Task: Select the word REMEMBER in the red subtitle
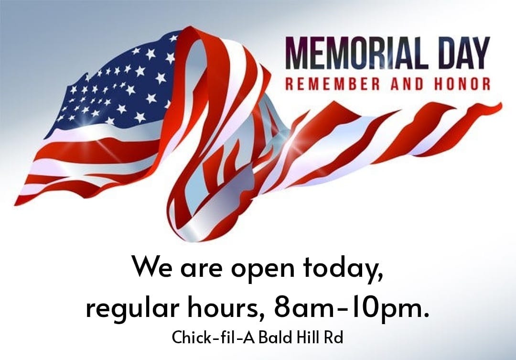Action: (x=333, y=84)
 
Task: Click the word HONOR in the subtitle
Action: (x=462, y=84)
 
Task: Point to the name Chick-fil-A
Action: (x=214, y=337)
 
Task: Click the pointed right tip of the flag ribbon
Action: (x=501, y=104)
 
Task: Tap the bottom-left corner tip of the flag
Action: (x=15, y=205)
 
